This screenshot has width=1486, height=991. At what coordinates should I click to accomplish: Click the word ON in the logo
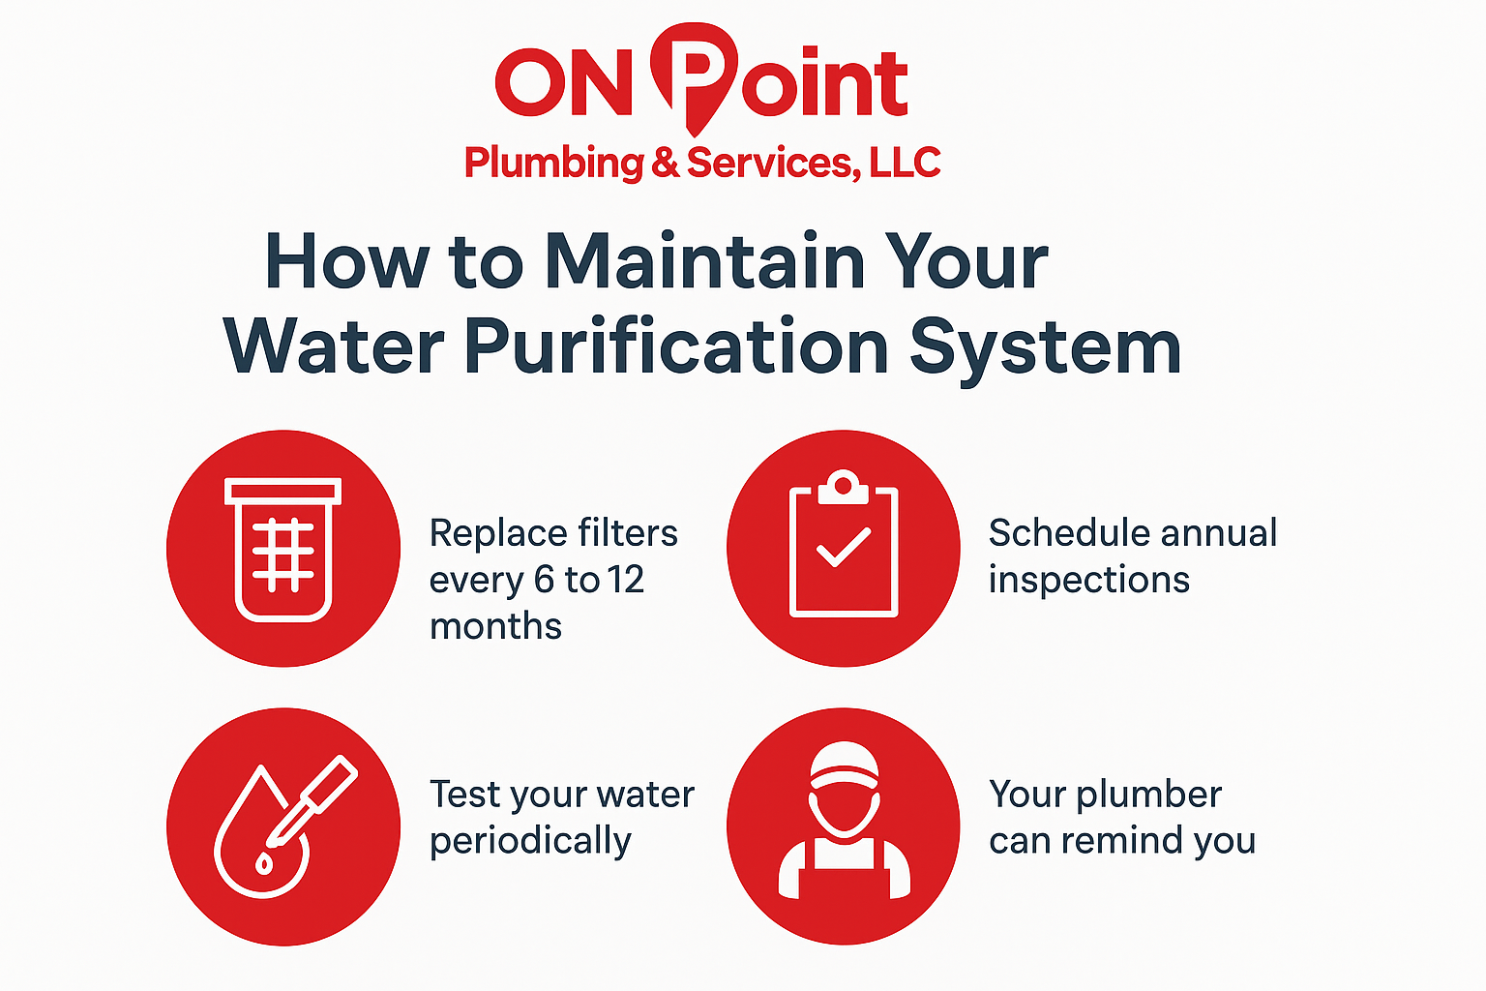pos(563,83)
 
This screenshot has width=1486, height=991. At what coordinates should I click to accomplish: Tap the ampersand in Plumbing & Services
pos(666,163)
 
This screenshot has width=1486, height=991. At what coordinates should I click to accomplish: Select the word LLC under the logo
pos(905,163)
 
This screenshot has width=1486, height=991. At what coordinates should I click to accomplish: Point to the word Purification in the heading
pos(676,346)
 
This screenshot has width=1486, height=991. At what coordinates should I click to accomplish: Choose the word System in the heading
pos(1045,352)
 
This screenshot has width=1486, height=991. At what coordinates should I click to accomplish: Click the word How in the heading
pos(347,261)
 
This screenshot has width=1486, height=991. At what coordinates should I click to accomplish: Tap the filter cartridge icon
pos(283,550)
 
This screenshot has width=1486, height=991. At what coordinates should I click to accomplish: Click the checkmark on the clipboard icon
pos(844,548)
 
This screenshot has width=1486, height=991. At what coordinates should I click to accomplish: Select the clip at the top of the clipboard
pos(844,488)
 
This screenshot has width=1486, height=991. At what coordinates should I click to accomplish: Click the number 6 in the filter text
pos(544,580)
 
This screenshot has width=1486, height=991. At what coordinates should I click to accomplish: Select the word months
pos(495,626)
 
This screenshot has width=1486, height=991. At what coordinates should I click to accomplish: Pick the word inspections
pos(1089,580)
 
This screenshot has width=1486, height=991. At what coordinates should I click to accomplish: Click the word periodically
pos(531,841)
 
